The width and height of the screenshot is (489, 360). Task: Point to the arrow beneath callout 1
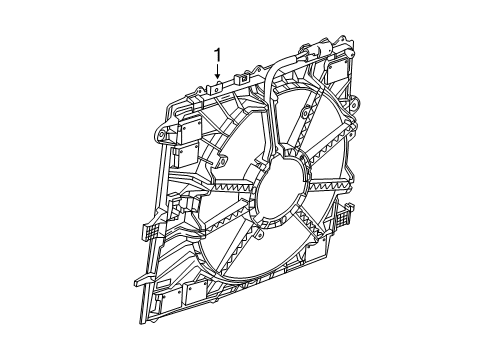click(x=217, y=71)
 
